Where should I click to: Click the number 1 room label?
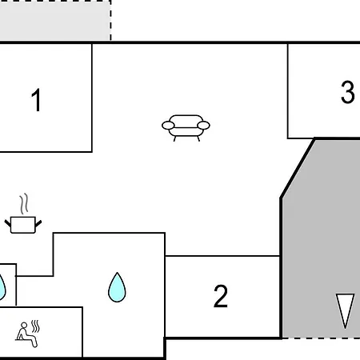36,100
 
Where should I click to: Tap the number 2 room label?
221,296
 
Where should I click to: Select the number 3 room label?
348,92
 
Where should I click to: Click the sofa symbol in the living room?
186,128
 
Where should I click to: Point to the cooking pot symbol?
23,225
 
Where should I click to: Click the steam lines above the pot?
24,204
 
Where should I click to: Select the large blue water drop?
117,287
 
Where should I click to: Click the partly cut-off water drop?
2,287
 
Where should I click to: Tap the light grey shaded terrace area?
54,21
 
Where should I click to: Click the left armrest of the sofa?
168,125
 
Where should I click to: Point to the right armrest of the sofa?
203,125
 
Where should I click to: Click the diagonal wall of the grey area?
298,168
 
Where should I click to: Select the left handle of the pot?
8,223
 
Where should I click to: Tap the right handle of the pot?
38,223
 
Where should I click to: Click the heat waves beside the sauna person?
35,326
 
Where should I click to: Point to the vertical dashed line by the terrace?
110,21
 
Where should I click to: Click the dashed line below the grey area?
321,338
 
